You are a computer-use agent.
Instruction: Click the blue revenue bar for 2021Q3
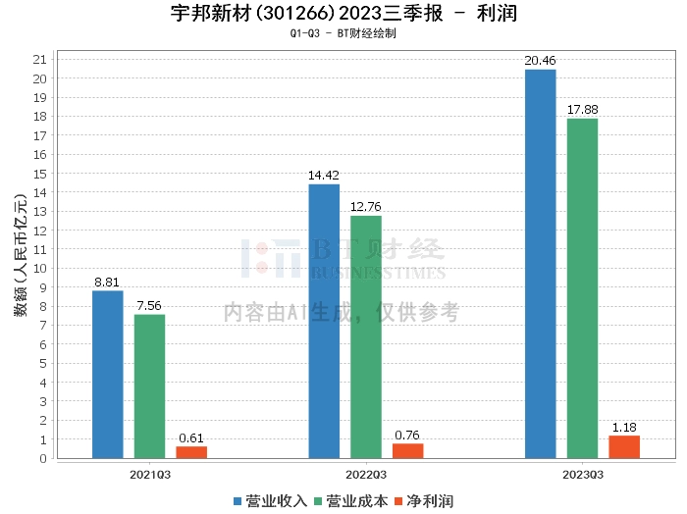tap(108, 375)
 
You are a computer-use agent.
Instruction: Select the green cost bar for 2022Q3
tap(366, 337)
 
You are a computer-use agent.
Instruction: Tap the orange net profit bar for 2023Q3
tap(624, 447)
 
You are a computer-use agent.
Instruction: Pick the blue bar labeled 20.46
tap(541, 264)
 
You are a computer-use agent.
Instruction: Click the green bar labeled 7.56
tap(150, 386)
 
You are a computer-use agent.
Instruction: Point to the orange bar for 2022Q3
tap(408, 451)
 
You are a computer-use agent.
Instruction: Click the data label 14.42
tap(324, 176)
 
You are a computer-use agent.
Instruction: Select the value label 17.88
tap(583, 110)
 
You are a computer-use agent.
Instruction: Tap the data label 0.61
tap(191, 437)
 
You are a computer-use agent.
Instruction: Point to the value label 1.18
tap(624, 428)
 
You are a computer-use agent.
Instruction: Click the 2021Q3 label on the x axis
tap(150, 475)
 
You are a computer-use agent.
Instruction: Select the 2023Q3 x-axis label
tap(583, 475)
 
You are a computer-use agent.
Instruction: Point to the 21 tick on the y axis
tap(40, 60)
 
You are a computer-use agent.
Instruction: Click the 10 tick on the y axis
tap(40, 269)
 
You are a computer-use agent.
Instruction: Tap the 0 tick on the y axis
tap(43, 458)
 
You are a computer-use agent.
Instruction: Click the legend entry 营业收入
tap(270, 501)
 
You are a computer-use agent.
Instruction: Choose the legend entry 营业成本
tap(351, 501)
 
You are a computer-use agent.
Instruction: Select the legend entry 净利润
tap(424, 501)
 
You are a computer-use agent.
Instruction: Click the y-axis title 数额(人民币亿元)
tap(21, 255)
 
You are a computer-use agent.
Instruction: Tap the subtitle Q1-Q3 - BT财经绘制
tap(343, 33)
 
